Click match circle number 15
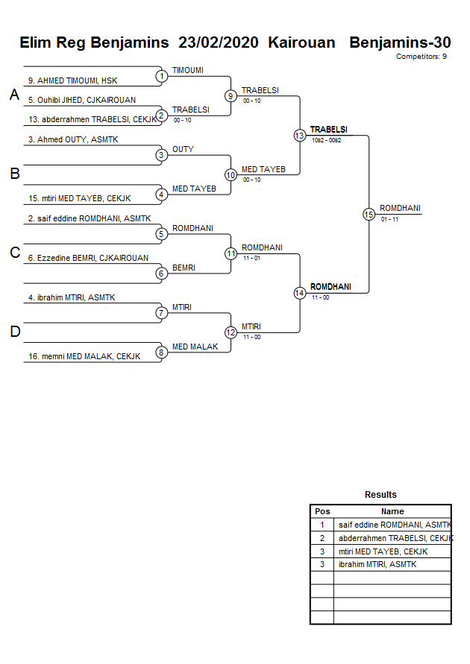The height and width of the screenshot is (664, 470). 369,214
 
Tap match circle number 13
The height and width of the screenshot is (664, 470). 299,136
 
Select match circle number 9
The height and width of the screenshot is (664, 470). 231,96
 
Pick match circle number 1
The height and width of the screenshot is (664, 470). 162,76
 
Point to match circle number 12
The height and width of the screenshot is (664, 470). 231,332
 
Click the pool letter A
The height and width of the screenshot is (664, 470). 13,95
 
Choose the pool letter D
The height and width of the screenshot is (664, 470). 14,332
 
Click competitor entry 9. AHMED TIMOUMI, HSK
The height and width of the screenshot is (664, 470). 72,80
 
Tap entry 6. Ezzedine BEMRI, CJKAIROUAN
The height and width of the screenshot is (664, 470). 88,258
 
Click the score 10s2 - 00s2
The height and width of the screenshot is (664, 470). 326,140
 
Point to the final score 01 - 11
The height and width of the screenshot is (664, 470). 389,219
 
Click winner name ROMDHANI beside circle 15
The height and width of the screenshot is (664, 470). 400,208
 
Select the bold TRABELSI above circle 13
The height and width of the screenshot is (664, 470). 328,129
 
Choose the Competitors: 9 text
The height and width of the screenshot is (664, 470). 421,57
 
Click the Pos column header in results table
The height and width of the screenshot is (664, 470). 322,511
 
